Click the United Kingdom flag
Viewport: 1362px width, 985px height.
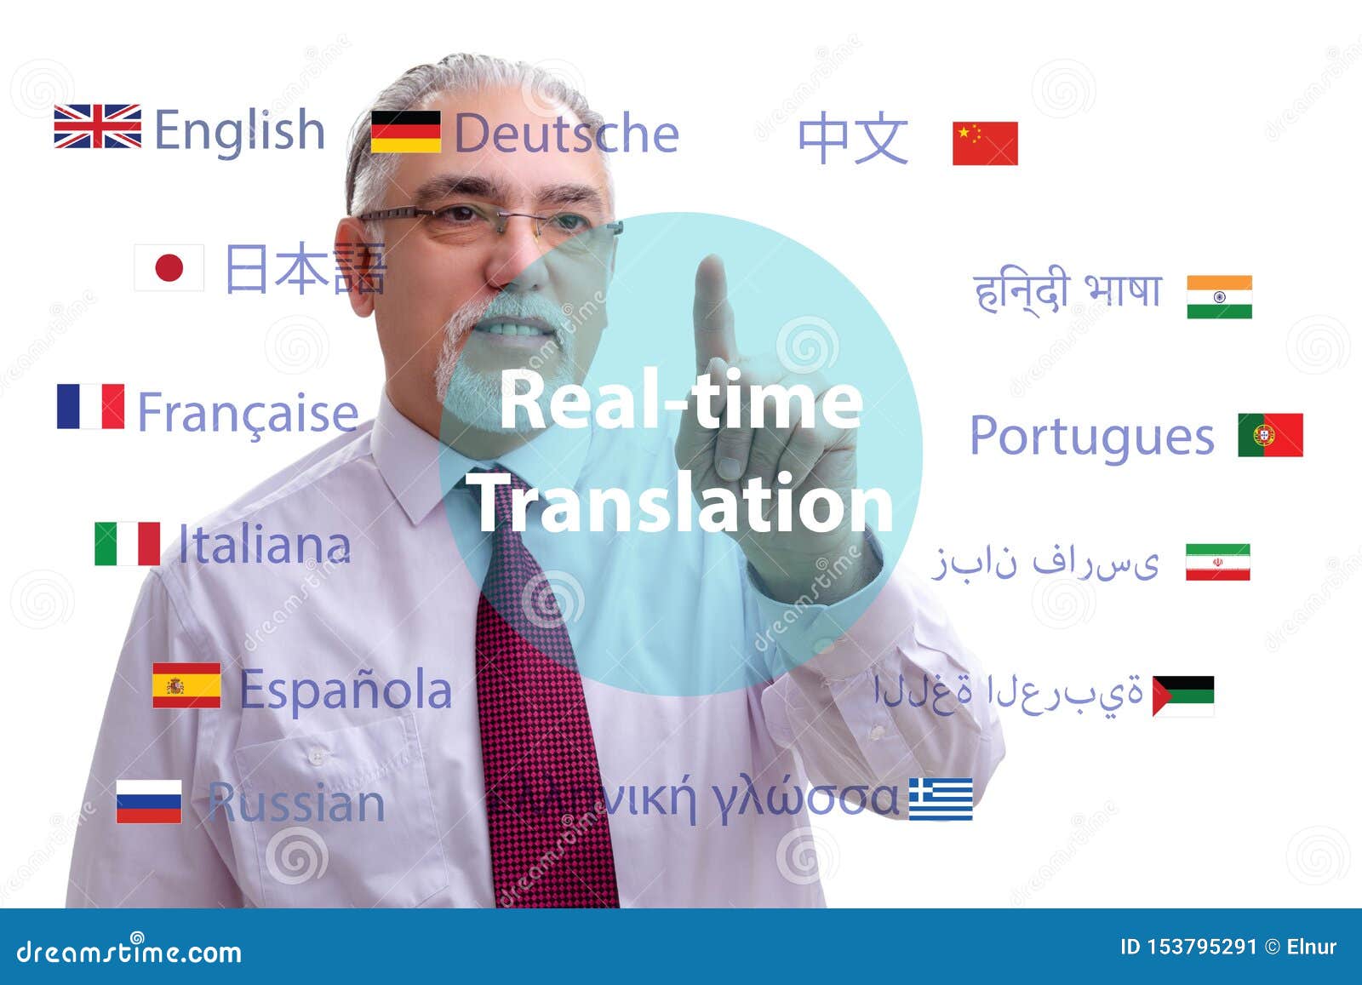97,126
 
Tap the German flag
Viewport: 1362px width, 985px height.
406,131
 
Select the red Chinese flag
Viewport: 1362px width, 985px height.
985,143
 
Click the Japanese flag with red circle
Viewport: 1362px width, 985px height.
169,268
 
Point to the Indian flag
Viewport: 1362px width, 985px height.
1219,297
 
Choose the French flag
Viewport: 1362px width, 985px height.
90,406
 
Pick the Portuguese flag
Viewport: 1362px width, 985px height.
1270,435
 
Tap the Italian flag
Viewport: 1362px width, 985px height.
127,543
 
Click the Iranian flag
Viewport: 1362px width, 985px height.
1217,562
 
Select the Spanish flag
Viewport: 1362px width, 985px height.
186,685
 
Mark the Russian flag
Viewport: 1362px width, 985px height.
149,801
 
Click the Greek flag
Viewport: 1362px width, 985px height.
941,799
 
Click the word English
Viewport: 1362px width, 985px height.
239,132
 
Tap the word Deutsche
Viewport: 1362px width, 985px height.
566,134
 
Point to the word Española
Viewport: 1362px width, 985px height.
345,690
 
